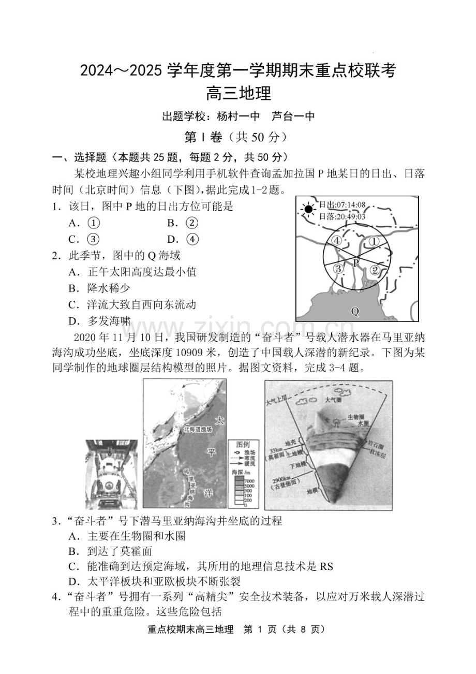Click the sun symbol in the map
(308, 209)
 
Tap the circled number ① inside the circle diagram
(374, 241)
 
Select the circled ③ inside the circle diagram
(338, 269)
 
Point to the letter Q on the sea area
(355, 311)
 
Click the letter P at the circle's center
(356, 263)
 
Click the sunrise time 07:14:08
(350, 205)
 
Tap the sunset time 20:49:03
(350, 216)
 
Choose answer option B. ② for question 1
(183, 223)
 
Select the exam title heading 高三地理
(238, 94)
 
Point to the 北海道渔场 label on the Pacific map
(198, 429)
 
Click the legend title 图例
(243, 445)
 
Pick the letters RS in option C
(326, 566)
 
